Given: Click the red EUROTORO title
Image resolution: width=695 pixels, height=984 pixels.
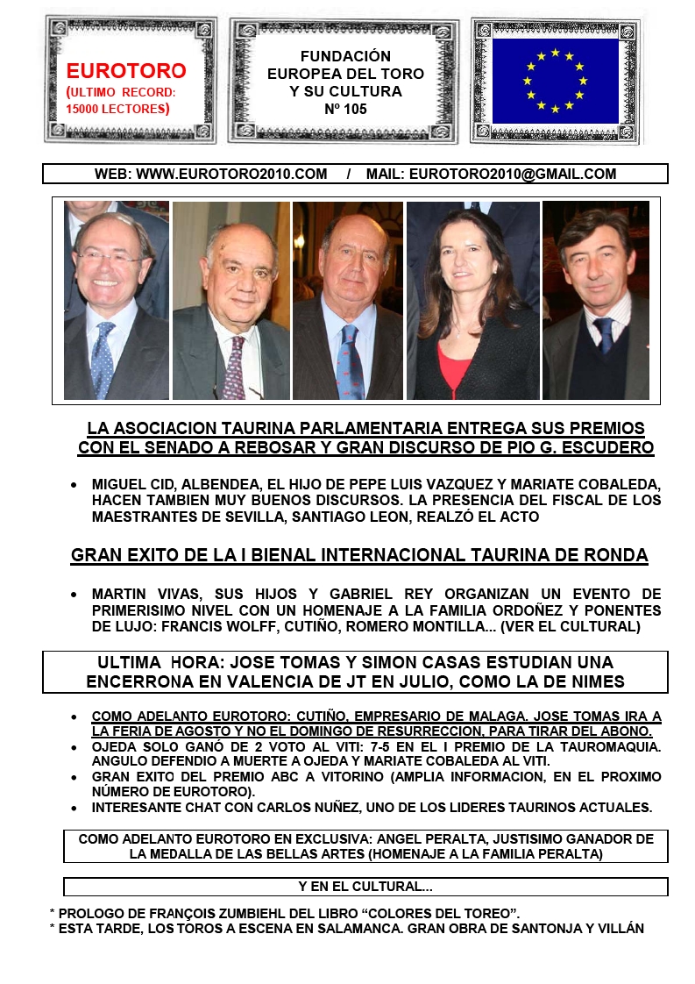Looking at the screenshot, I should coord(126,71).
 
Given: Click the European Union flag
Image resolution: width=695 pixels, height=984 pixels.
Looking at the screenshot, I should coord(556,81).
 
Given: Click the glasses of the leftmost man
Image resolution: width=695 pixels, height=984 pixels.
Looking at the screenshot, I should coord(109,258).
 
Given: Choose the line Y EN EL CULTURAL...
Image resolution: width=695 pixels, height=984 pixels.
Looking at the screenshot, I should coord(365,887).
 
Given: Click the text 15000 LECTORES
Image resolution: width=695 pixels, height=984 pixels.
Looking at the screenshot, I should coord(116,109).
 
